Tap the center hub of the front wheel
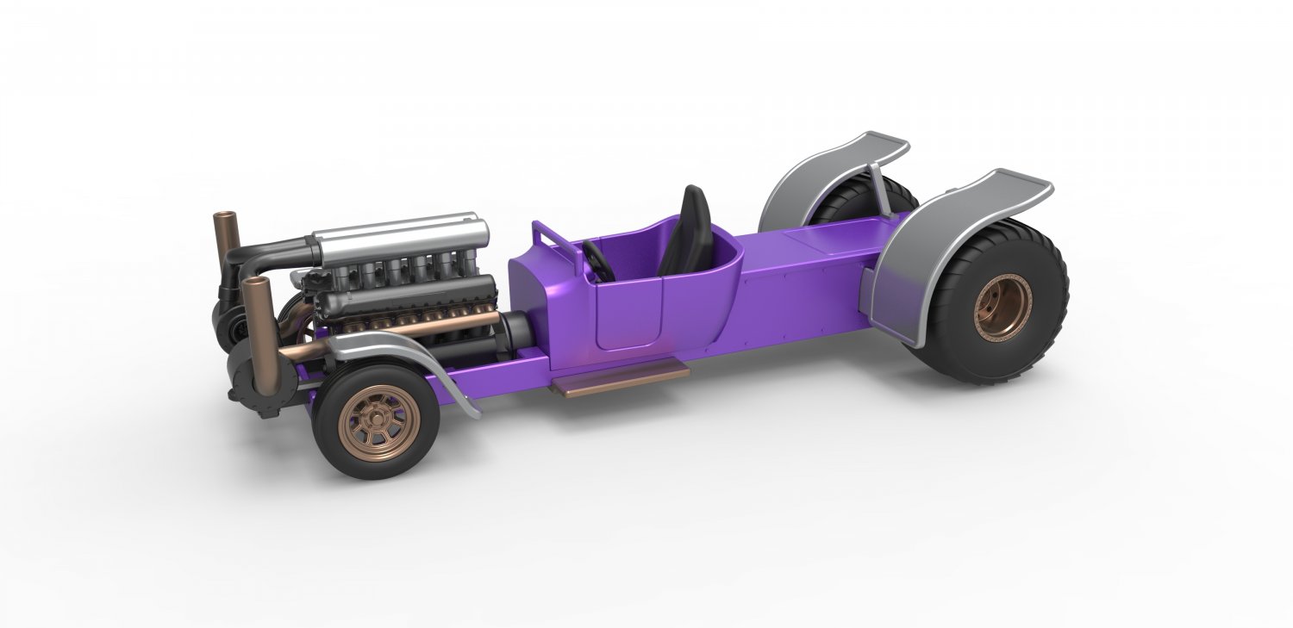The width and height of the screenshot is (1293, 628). (x=380, y=420)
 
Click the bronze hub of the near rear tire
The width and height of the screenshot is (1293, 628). (x=1003, y=308)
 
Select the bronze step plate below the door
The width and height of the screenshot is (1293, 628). (x=621, y=379)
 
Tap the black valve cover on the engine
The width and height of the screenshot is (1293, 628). (x=405, y=297)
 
